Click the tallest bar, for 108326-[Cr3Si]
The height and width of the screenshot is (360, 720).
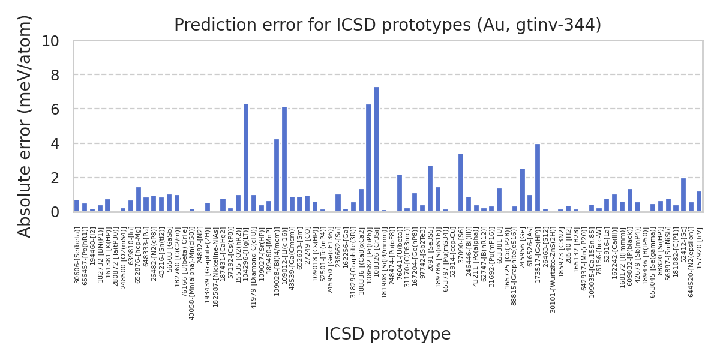click(376, 149)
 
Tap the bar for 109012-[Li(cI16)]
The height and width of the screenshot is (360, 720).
click(284, 159)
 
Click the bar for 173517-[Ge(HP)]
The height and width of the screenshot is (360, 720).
click(538, 178)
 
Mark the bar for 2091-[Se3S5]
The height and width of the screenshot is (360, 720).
click(430, 188)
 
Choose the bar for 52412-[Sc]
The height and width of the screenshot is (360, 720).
click(683, 195)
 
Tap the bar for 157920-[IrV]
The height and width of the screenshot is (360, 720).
click(699, 202)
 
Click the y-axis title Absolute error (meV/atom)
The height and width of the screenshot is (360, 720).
click(25, 126)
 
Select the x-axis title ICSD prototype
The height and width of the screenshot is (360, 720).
click(388, 334)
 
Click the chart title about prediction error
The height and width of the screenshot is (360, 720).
click(388, 25)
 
